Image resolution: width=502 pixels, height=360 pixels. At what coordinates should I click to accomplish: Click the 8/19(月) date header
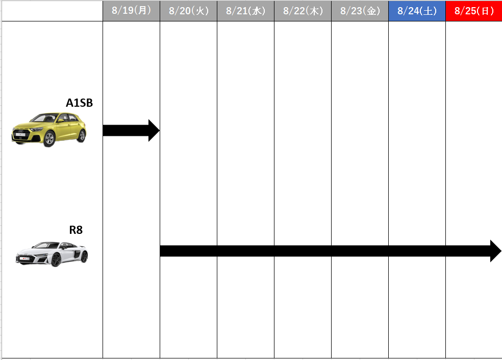point(131,11)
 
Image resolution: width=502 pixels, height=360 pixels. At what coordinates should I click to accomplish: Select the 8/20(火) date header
point(189,11)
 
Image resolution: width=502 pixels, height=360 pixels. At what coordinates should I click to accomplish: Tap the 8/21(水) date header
point(245,11)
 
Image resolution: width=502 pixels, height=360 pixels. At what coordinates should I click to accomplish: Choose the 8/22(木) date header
point(303,11)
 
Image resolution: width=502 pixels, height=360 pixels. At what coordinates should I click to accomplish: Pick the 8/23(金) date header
point(360,11)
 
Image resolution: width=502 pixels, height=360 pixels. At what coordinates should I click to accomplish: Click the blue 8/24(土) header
point(417,11)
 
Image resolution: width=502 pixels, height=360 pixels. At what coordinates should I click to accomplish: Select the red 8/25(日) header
point(474,11)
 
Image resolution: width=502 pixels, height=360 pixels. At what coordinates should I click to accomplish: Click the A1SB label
point(80,103)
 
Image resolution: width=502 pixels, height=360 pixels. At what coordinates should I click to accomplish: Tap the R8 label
point(76,230)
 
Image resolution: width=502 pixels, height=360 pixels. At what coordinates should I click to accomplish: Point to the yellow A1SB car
point(49,130)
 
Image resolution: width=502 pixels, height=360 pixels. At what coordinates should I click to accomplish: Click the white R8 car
point(52,254)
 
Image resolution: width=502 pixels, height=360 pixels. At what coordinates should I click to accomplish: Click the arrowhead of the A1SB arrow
point(154,131)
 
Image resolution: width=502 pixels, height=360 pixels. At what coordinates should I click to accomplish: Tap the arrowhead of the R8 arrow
point(496,251)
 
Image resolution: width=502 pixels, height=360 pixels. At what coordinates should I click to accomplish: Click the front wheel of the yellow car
point(49,139)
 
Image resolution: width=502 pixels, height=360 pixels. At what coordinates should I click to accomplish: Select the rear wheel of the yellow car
point(82,136)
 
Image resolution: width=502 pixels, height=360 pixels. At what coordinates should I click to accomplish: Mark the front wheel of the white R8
point(56,259)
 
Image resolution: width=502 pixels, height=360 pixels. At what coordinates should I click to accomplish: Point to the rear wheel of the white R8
point(84,256)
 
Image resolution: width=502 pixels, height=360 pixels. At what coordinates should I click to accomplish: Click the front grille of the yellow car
point(20,132)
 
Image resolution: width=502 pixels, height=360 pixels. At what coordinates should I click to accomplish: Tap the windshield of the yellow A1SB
point(45,118)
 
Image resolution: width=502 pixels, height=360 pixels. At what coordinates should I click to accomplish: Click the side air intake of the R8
point(77,254)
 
